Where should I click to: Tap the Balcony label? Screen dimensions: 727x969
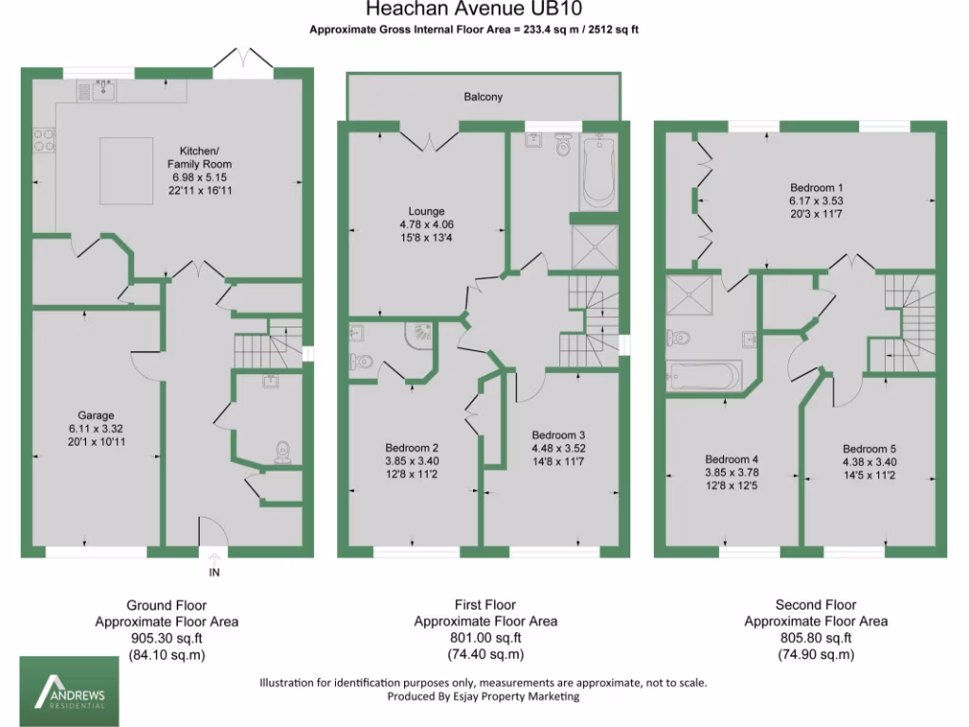(x=483, y=97)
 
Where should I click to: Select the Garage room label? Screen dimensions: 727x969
(x=97, y=415)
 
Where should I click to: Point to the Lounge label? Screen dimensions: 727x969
(x=425, y=210)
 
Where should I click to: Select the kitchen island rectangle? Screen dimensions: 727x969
(x=127, y=169)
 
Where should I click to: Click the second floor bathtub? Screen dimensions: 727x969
(x=703, y=376)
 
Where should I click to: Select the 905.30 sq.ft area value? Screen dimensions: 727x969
(x=167, y=638)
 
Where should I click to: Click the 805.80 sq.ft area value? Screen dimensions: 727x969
(x=815, y=638)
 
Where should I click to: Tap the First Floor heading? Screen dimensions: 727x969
(x=484, y=605)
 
